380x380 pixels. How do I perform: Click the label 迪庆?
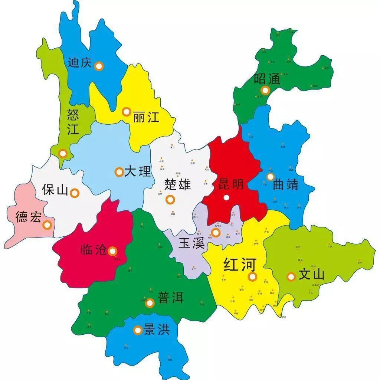(79, 62)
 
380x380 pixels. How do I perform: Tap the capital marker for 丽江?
(126, 111)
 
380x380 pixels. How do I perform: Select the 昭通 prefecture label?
(267, 79)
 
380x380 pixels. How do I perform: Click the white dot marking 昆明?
(226, 198)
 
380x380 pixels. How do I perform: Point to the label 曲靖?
(286, 185)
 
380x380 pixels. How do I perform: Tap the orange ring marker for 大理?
(119, 172)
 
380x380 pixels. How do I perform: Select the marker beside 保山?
(75, 193)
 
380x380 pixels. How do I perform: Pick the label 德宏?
(28, 217)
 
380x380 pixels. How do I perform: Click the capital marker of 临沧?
(112, 251)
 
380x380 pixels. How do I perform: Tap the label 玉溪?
(191, 243)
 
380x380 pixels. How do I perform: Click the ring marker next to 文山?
(291, 276)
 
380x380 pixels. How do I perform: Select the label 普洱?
(171, 298)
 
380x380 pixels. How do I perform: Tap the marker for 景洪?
(138, 330)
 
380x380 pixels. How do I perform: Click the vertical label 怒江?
(73, 121)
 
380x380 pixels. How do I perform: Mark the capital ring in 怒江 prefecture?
(63, 153)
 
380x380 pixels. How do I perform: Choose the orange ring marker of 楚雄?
(170, 200)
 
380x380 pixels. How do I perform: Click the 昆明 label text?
(230, 184)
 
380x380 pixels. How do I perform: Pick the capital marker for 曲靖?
(270, 177)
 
